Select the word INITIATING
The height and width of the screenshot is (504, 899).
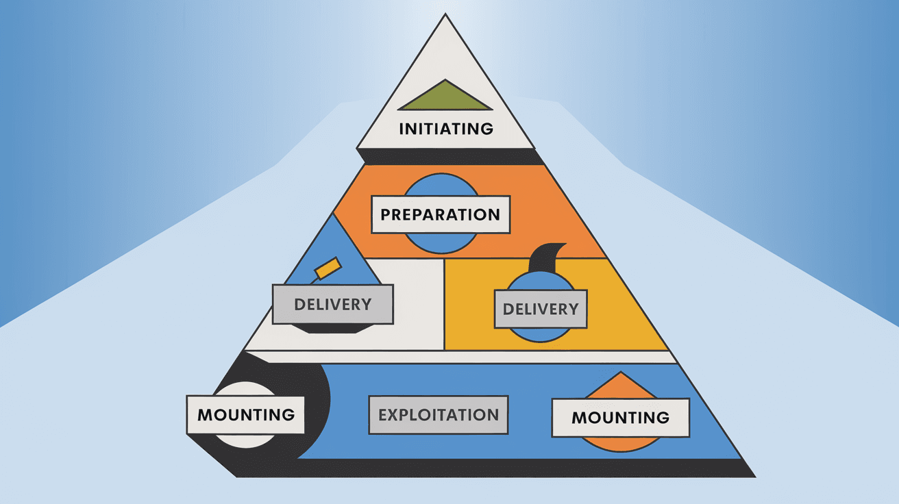point(445,129)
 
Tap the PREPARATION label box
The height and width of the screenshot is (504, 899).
point(440,214)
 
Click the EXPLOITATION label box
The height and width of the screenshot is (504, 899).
point(439,415)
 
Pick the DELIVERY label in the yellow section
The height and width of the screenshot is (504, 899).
point(541,309)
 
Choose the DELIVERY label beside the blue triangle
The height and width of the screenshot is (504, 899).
point(332,304)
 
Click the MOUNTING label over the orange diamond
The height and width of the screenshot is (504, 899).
point(620,418)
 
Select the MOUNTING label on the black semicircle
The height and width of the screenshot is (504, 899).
point(245,414)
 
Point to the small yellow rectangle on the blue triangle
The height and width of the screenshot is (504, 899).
point(327,268)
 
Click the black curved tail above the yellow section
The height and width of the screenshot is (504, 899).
point(548,256)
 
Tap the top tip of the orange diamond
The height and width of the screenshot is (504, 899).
point(619,376)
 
